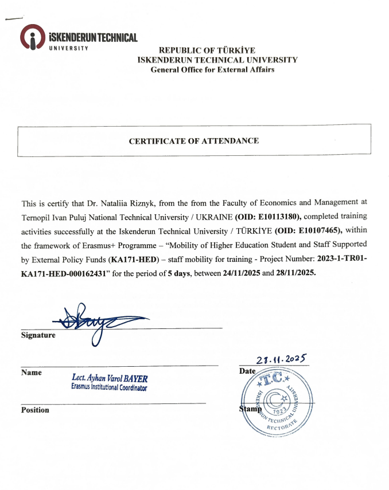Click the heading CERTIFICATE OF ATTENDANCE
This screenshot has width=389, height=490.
(193, 141)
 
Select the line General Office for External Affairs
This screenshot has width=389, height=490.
(212, 70)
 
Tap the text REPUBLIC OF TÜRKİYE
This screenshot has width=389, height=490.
(207, 50)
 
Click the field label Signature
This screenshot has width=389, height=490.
(38, 335)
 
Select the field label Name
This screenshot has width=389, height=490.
(32, 373)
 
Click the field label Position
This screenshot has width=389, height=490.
(35, 410)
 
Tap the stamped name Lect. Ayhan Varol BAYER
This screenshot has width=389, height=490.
(109, 378)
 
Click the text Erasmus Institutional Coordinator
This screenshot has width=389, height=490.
(109, 388)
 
